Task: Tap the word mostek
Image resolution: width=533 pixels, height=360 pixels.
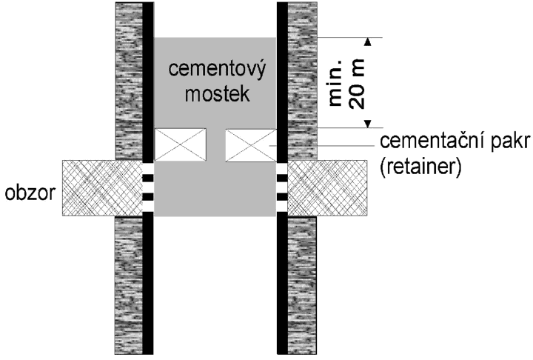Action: tap(217, 93)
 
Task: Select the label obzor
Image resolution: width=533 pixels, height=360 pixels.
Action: tap(30, 193)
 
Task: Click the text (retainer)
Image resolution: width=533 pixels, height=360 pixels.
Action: tap(420, 167)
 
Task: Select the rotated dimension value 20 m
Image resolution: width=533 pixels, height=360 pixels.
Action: tap(357, 84)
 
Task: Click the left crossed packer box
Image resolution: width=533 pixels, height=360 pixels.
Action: tap(180, 144)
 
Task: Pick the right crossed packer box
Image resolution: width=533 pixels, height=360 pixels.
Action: tap(251, 145)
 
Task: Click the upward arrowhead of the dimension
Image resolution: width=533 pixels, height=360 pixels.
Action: tap(367, 41)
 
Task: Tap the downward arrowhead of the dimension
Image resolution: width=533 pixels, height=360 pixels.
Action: tap(367, 124)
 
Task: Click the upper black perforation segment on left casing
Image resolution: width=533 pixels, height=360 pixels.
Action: tap(148, 178)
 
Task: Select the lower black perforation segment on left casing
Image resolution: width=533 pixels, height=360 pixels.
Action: tap(148, 197)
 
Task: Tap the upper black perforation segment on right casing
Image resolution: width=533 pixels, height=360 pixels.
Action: tap(282, 178)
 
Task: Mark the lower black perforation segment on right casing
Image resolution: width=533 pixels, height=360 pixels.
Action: tap(282, 197)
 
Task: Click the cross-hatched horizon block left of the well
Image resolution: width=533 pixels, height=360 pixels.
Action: tap(102, 188)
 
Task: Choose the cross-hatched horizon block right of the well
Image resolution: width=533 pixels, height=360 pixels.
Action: tap(328, 188)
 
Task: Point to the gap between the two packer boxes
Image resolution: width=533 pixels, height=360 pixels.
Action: tap(216, 145)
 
